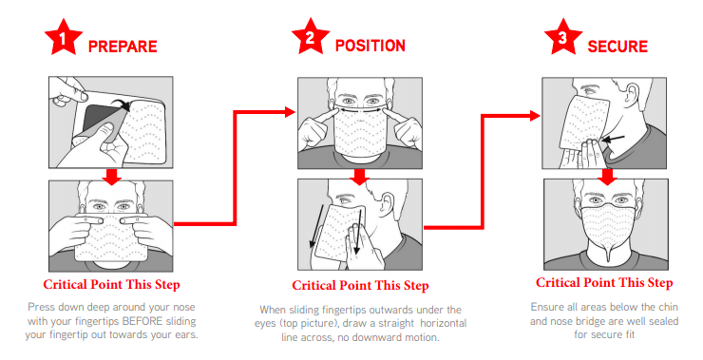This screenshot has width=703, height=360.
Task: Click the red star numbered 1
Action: tap(64, 38)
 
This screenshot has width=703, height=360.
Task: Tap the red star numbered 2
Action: tap(311, 37)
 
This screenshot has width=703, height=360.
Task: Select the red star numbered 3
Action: tap(563, 37)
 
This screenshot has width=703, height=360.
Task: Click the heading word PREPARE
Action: tap(123, 47)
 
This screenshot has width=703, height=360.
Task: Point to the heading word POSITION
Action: tap(370, 46)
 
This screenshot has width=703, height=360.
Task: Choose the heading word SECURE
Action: tap(617, 47)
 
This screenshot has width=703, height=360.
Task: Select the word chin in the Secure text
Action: tap(668, 307)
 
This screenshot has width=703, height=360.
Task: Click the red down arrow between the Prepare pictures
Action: tap(112, 176)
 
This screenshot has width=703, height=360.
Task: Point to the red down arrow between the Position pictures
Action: tap(359, 177)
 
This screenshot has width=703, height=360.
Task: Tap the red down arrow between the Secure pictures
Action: tap(607, 177)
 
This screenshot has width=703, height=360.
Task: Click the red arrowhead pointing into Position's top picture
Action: tap(291, 112)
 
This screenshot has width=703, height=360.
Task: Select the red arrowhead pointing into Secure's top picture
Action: tap(535, 116)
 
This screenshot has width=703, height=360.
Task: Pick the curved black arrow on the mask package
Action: tap(120, 103)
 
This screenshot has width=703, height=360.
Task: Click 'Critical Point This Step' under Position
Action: tap(360, 286)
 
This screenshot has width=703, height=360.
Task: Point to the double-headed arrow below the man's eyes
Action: tap(360, 108)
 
